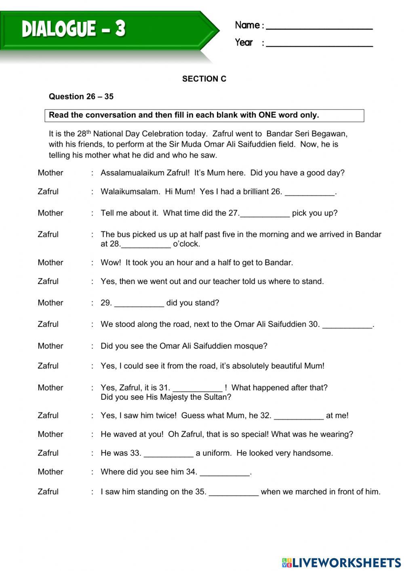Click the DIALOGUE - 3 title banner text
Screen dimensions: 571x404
74,29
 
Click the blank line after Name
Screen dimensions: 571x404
319,27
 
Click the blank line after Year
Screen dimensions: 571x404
319,44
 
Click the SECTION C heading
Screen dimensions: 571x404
204,79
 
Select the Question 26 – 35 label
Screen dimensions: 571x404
81,97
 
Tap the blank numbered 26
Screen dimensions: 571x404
310,193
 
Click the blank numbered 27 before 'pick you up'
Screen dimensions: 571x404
265,214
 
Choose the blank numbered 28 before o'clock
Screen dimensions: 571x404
146,245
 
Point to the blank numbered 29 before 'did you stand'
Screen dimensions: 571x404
139,304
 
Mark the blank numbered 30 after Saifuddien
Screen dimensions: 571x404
347,325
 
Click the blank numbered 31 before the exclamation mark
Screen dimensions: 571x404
198,389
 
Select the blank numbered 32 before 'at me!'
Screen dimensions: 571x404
299,417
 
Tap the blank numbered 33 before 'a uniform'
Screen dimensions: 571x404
168,454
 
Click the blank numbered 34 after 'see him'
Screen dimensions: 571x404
225,473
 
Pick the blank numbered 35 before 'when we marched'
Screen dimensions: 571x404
234,493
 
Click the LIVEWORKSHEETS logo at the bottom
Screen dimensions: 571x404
341,562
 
